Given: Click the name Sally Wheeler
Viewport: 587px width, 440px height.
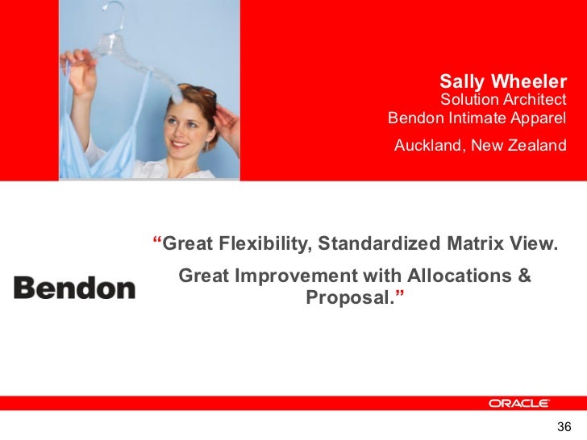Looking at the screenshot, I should pyautogui.click(x=503, y=81).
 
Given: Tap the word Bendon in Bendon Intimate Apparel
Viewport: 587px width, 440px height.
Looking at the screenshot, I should pyautogui.click(x=413, y=118).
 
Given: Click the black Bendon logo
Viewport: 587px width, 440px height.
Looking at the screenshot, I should pyautogui.click(x=74, y=288).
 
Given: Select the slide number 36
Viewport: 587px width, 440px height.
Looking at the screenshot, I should pyautogui.click(x=564, y=427).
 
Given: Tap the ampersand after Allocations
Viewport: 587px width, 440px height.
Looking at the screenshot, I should pyautogui.click(x=524, y=276).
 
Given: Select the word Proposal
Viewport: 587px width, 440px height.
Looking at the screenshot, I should pyautogui.click(x=351, y=298).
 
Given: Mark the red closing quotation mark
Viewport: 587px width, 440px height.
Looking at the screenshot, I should pyautogui.click(x=401, y=296).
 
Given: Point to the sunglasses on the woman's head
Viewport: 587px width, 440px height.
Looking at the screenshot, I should pyautogui.click(x=198, y=93).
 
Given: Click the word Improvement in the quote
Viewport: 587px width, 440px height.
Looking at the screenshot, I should pyautogui.click(x=293, y=276).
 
